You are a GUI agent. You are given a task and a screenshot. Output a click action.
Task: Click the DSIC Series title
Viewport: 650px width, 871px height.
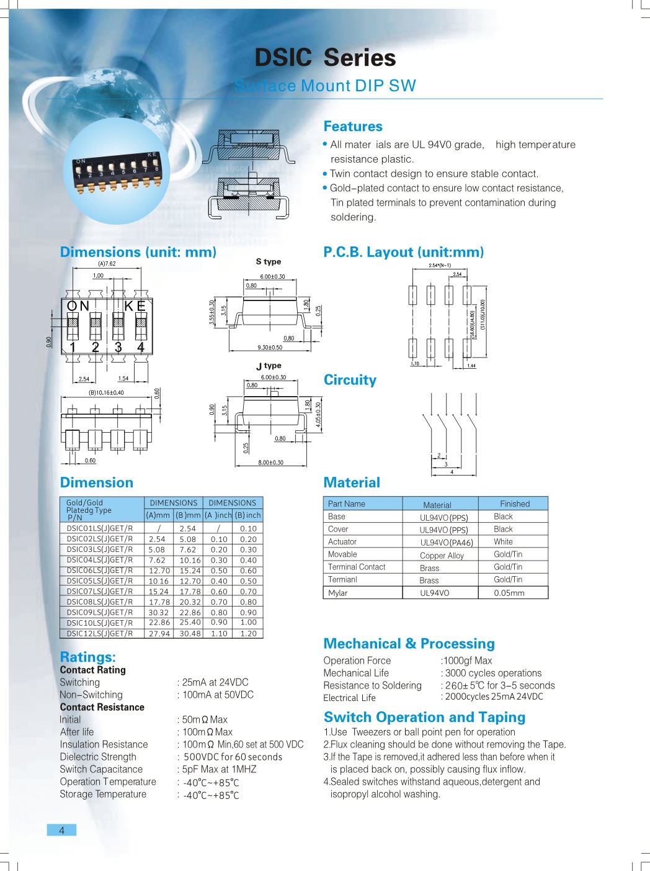pyautogui.click(x=325, y=58)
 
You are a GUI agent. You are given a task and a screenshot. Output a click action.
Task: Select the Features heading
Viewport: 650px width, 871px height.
pyautogui.click(x=353, y=127)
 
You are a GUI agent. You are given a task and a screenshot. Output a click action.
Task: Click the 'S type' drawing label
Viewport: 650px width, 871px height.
pyautogui.click(x=269, y=262)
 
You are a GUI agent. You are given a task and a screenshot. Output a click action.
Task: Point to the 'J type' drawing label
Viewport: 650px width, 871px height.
pyautogui.click(x=269, y=366)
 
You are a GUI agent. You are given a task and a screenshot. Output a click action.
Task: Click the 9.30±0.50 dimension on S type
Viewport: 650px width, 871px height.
pyautogui.click(x=270, y=348)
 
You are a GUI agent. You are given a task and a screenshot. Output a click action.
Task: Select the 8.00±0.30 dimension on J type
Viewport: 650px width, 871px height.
pyautogui.click(x=270, y=463)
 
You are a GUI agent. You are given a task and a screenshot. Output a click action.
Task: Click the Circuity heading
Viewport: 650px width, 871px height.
pyautogui.click(x=350, y=380)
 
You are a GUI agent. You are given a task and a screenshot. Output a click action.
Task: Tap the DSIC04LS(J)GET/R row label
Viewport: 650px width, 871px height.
pyautogui.click(x=100, y=560)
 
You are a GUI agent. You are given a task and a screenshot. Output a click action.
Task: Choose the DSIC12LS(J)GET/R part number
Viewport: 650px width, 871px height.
pyautogui.click(x=100, y=634)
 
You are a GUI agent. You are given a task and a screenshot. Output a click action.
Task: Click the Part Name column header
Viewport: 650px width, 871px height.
pyautogui.click(x=346, y=504)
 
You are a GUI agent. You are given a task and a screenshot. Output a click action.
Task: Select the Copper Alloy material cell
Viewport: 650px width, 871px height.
pyautogui.click(x=442, y=556)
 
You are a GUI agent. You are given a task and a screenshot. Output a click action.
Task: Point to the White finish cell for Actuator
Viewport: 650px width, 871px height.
pyautogui.click(x=503, y=542)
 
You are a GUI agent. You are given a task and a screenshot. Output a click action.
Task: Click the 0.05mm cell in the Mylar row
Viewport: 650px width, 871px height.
pyautogui.click(x=509, y=593)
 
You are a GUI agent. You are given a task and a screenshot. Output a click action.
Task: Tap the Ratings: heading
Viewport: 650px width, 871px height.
pyautogui.click(x=88, y=657)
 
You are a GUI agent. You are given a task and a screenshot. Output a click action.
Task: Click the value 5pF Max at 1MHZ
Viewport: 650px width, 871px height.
pyautogui.click(x=219, y=769)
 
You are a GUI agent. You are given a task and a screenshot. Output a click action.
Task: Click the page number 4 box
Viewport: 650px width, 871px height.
pyautogui.click(x=61, y=830)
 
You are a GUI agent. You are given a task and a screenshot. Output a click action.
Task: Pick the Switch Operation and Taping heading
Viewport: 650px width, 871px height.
pyautogui.click(x=424, y=718)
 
